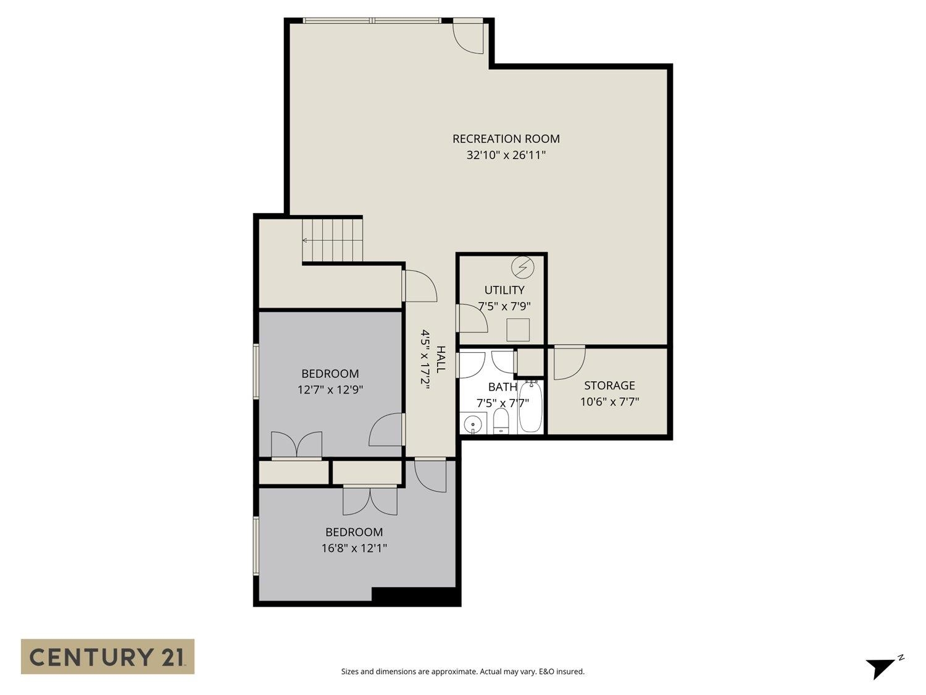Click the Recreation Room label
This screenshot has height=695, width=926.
click(x=506, y=139)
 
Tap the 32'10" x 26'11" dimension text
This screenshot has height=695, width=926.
click(x=506, y=155)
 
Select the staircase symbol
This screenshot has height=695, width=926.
click(x=332, y=240)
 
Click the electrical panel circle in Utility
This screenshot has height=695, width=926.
click(x=523, y=267)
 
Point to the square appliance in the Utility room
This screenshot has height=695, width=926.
click(x=518, y=330)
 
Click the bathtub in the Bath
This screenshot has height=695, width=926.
click(x=530, y=408)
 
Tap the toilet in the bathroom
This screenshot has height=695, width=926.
click(x=501, y=423)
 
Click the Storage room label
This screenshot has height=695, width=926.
click(x=609, y=385)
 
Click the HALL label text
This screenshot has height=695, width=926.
click(x=441, y=359)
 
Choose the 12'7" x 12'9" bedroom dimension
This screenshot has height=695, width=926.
click(x=330, y=390)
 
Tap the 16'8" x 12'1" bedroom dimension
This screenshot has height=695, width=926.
click(x=354, y=548)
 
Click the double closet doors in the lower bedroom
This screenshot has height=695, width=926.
click(x=370, y=500)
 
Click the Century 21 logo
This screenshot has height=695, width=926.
click(x=107, y=656)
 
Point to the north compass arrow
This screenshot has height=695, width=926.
click(x=880, y=667)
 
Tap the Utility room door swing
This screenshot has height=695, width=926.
click(x=472, y=319)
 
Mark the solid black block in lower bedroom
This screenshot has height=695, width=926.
click(x=415, y=596)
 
